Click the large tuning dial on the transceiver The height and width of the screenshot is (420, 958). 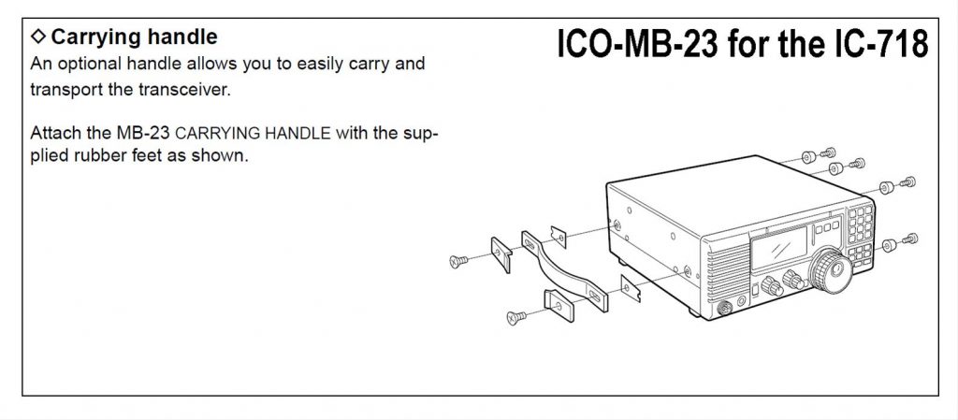pyautogui.click(x=828, y=270)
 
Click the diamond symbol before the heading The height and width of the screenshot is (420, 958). pyautogui.click(x=37, y=37)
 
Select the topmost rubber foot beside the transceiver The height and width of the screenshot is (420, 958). pyautogui.click(x=808, y=153)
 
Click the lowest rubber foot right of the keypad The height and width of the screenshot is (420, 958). pyautogui.click(x=891, y=245)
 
